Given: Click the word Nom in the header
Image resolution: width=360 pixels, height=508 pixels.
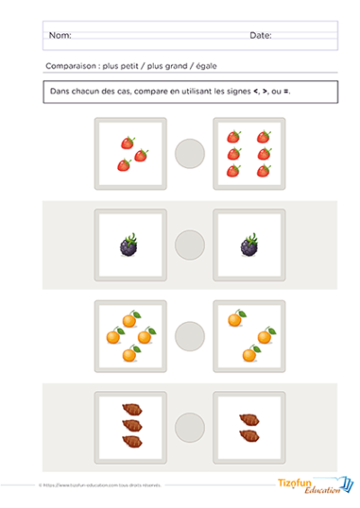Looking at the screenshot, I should [x=58, y=36].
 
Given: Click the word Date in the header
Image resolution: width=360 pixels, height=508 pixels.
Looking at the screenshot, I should [x=259, y=36].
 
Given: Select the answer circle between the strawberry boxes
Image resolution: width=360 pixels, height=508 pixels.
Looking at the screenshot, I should [x=190, y=152].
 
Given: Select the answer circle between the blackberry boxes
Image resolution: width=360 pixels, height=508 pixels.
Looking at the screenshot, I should [x=190, y=245].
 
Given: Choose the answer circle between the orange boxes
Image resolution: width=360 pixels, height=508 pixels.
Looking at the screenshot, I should [x=190, y=336].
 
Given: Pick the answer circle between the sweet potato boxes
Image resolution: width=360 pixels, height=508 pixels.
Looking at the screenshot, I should [x=190, y=426].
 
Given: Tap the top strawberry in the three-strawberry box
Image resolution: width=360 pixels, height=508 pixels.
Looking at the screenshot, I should [x=128, y=142].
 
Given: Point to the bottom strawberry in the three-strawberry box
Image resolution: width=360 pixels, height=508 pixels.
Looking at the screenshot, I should [x=123, y=165].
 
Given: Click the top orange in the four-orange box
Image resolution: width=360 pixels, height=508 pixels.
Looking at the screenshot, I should [x=130, y=319].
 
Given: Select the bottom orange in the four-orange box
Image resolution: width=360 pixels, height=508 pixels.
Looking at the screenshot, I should [x=130, y=354].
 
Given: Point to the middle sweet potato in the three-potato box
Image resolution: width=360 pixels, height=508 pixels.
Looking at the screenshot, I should [x=130, y=425].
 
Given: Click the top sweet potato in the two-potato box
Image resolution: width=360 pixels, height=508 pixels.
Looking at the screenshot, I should [x=249, y=418].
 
